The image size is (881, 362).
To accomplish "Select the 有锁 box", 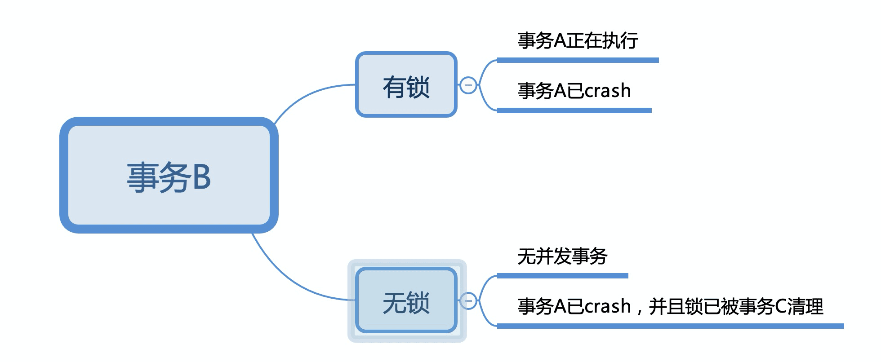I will pyautogui.click(x=406, y=85).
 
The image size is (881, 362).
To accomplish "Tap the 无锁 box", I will pyautogui.click(x=406, y=300).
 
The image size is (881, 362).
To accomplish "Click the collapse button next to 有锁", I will pyautogui.click(x=468, y=85).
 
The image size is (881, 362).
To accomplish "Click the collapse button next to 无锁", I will pyautogui.click(x=468, y=300).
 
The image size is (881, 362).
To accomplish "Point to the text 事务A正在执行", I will pyautogui.click(x=578, y=40).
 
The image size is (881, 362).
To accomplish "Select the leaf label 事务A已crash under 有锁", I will pyautogui.click(x=574, y=91).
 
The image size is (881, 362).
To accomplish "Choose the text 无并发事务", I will pyautogui.click(x=562, y=256).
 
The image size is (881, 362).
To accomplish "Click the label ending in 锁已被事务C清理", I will pyautogui.click(x=670, y=307).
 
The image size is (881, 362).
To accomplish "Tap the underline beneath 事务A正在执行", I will pyautogui.click(x=578, y=60).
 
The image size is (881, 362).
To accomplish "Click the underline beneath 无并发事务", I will pyautogui.click(x=562, y=276).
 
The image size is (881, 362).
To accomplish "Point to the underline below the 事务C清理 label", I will pyautogui.click(x=670, y=326).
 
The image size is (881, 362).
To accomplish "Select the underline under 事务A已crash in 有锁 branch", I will pyautogui.click(x=574, y=110).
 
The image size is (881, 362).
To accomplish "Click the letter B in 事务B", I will pyautogui.click(x=201, y=177).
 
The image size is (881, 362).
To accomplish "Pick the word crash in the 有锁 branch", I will pyautogui.click(x=607, y=91).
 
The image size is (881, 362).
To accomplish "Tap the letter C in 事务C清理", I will pyautogui.click(x=781, y=307).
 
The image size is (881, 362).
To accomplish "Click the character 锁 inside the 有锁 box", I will pyautogui.click(x=418, y=87).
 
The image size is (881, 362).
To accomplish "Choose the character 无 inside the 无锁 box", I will pyautogui.click(x=394, y=303).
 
